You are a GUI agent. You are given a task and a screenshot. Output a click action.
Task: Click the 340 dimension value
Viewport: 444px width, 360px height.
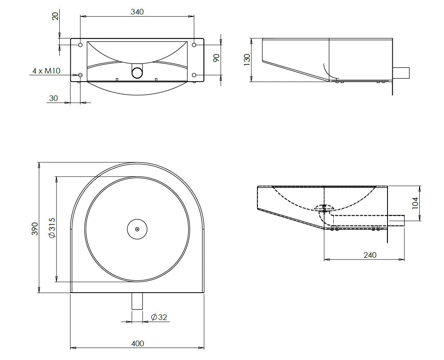(137, 12)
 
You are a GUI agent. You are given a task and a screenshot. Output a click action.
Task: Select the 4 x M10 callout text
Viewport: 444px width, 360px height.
(46, 71)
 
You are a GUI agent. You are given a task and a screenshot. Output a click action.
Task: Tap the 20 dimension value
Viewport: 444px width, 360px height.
(56, 16)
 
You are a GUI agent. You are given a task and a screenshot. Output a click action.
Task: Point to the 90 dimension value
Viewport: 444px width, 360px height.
(216, 58)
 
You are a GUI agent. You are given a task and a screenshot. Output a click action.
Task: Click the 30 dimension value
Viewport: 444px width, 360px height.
(54, 98)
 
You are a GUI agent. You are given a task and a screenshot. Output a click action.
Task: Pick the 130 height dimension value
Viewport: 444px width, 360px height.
(247, 60)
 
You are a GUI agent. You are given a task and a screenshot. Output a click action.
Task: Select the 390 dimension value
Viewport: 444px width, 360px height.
(35, 229)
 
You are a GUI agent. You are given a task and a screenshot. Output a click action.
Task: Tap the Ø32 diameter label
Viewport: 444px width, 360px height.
(159, 317)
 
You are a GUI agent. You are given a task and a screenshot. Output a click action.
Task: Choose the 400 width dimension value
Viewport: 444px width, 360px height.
(138, 343)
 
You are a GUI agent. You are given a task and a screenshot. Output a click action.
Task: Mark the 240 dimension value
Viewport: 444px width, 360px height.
(370, 255)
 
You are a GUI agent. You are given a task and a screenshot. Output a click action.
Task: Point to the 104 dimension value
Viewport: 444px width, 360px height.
(415, 203)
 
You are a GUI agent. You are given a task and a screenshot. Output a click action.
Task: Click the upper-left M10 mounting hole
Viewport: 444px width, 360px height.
(80, 45)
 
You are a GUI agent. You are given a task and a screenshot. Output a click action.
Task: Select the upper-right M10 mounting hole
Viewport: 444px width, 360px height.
(194, 45)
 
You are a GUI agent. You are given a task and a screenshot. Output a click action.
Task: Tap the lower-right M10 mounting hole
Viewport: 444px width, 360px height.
(194, 75)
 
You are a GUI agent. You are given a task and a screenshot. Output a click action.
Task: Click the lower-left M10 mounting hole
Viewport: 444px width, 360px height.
(80, 75)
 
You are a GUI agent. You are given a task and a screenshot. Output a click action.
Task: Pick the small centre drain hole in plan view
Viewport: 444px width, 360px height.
(137, 229)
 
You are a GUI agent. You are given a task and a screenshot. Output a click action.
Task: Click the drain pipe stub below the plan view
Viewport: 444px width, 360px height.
(137, 301)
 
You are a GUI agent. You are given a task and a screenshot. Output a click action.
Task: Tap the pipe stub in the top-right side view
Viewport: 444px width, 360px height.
(401, 73)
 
